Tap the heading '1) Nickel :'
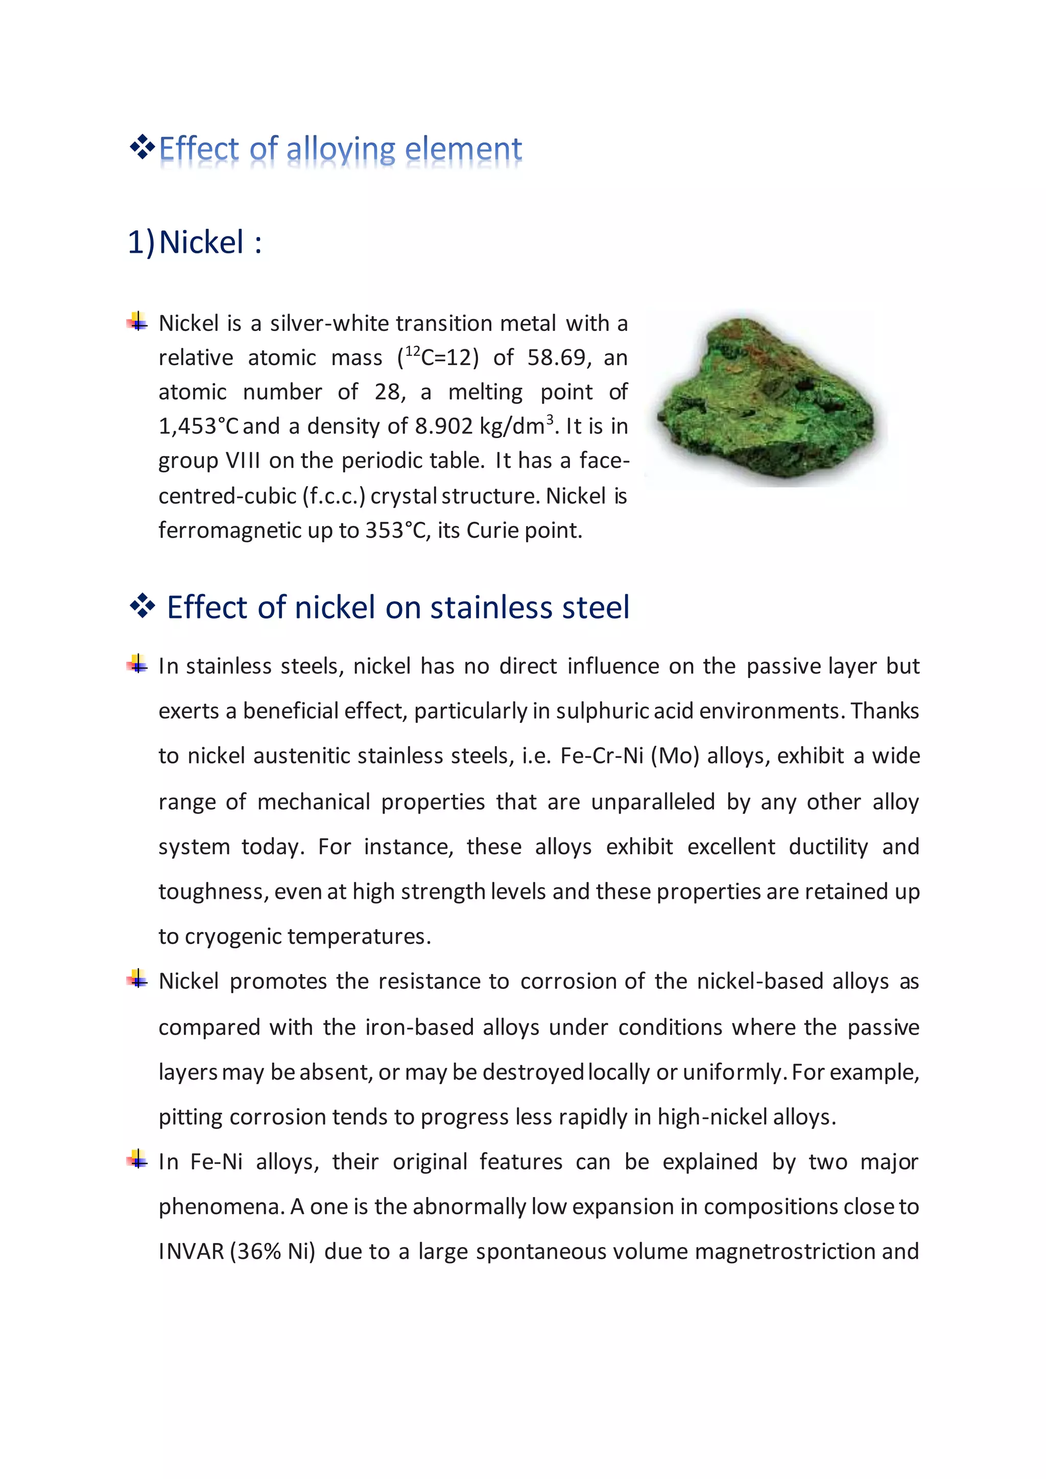(x=195, y=243)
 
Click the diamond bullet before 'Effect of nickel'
(x=142, y=606)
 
